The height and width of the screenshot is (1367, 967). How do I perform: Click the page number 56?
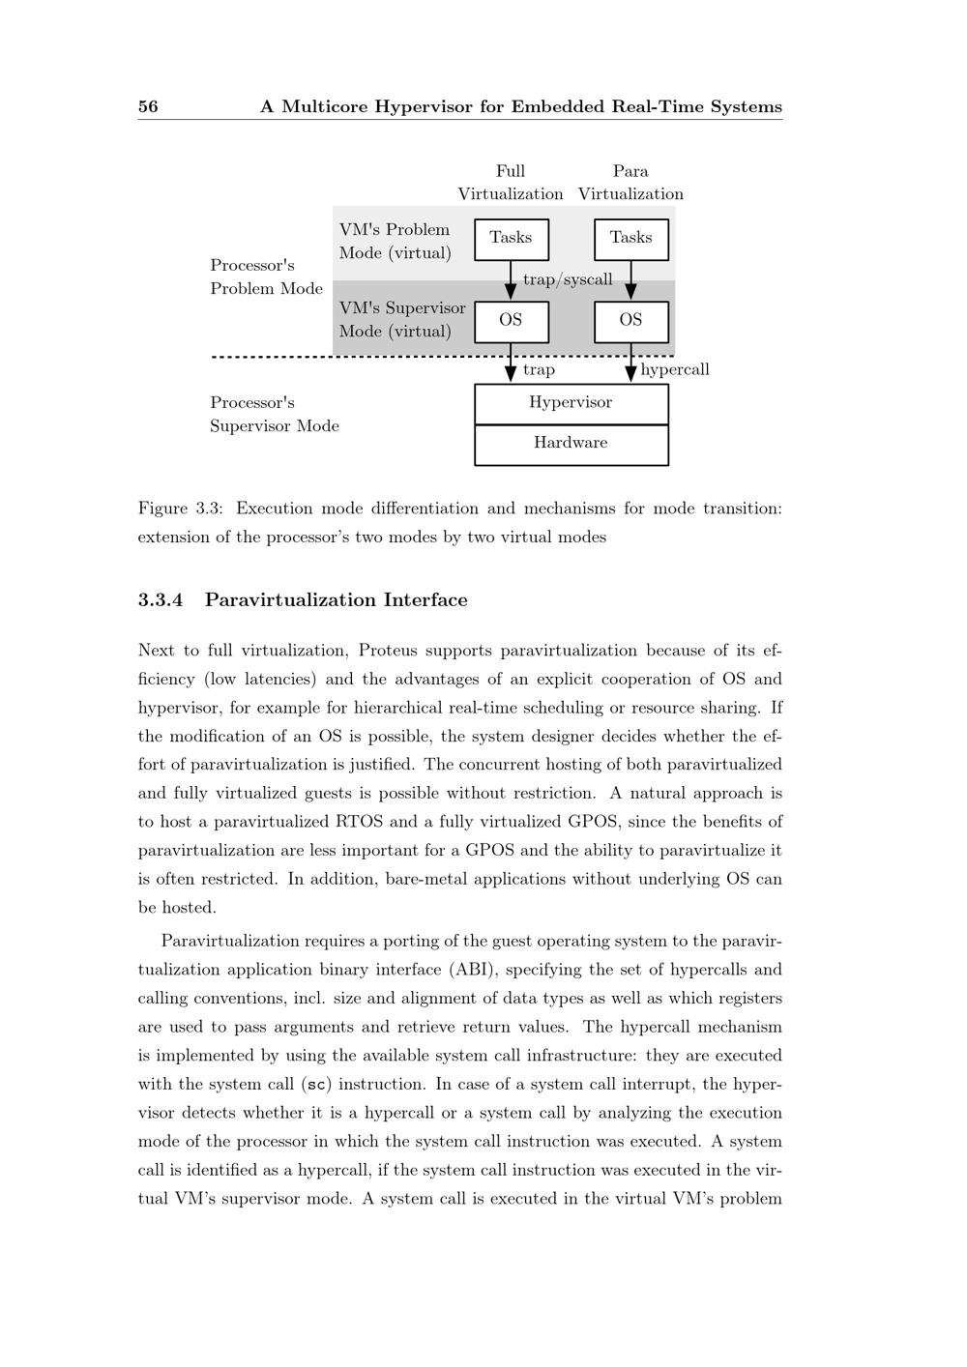pyautogui.click(x=148, y=106)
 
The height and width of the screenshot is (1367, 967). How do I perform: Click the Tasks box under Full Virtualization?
pyautogui.click(x=511, y=239)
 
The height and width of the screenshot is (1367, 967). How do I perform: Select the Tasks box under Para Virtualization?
pyautogui.click(x=630, y=239)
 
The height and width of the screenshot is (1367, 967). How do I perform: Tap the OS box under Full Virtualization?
pyautogui.click(x=511, y=321)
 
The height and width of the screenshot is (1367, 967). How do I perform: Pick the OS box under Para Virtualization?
pyautogui.click(x=630, y=321)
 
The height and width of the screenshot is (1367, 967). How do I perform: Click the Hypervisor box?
pyautogui.click(x=571, y=403)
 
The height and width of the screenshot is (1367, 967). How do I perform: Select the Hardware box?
pyautogui.click(x=571, y=444)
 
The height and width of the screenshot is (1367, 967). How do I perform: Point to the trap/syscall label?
pyautogui.click(x=568, y=280)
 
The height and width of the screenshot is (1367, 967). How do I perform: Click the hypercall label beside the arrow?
pyautogui.click(x=675, y=369)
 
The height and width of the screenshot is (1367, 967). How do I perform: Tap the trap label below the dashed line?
pyautogui.click(x=539, y=369)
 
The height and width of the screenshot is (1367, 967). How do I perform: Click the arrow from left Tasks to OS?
pyautogui.click(x=511, y=281)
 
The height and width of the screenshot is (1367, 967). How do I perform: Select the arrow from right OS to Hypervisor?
pyautogui.click(x=630, y=364)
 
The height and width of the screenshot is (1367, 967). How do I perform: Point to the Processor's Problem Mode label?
pyautogui.click(x=266, y=276)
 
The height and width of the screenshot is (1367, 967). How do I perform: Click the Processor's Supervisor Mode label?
pyautogui.click(x=274, y=414)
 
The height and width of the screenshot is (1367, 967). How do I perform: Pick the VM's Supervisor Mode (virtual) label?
pyautogui.click(x=402, y=319)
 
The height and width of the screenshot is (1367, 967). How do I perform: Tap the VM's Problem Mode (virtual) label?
pyautogui.click(x=395, y=241)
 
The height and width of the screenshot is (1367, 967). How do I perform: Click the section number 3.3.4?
pyautogui.click(x=161, y=600)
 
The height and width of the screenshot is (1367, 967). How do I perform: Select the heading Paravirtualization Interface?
pyautogui.click(x=336, y=600)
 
